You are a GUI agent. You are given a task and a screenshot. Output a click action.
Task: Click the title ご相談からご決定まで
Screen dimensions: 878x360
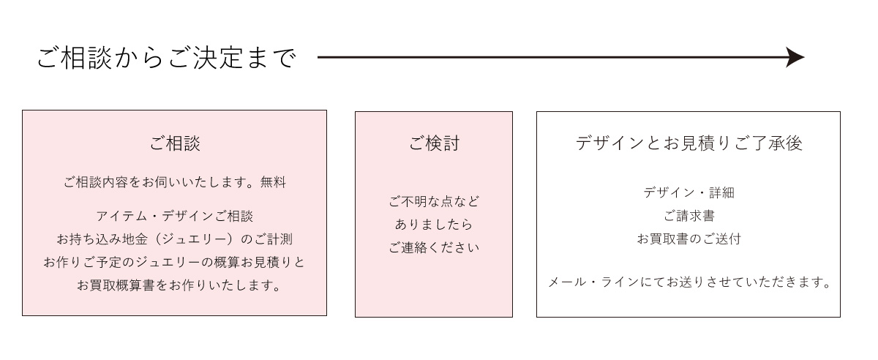[167, 58]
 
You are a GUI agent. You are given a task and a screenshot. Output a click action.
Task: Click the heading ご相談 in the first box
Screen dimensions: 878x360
[175, 143]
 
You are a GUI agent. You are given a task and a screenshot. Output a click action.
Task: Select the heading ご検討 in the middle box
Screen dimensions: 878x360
[433, 143]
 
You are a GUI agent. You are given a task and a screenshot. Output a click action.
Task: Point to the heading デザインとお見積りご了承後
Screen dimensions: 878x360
[688, 143]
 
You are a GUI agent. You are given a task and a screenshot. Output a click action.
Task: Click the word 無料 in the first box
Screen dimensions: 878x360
[274, 182]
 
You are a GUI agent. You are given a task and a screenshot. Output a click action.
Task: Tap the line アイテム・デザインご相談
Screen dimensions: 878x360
[175, 216]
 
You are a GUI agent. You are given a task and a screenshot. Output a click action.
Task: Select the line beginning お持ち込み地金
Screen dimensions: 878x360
[175, 239]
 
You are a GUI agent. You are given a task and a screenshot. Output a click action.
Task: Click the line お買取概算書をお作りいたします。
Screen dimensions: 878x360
[179, 285]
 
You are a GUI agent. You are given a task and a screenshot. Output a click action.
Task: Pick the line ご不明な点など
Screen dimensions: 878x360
[434, 201]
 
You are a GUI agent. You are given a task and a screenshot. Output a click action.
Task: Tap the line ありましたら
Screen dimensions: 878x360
[434, 225]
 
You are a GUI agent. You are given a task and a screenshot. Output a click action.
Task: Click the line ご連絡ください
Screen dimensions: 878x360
[434, 247]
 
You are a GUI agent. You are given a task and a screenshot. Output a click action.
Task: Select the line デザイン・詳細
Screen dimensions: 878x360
[688, 192]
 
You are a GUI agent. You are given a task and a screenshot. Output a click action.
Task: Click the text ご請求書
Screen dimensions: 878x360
[688, 216]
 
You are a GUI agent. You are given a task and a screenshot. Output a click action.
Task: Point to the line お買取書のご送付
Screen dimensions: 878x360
[688, 239]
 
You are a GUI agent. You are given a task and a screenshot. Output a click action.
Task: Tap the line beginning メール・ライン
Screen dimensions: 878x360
[689, 282]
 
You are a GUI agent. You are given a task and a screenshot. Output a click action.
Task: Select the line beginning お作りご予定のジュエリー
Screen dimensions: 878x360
[175, 262]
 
